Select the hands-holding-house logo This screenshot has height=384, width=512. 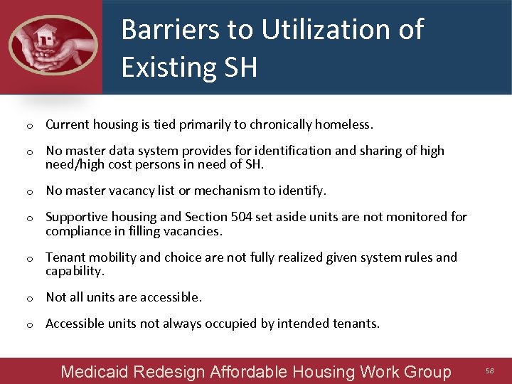point(53,46)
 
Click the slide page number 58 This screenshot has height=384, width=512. point(489,371)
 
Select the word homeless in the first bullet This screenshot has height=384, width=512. point(344,124)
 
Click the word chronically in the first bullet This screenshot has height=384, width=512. point(280,124)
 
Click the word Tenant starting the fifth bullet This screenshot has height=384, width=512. point(65,257)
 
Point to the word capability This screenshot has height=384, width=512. point(75,271)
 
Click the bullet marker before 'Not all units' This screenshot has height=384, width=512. point(31,298)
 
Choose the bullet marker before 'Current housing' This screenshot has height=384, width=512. point(31,126)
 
